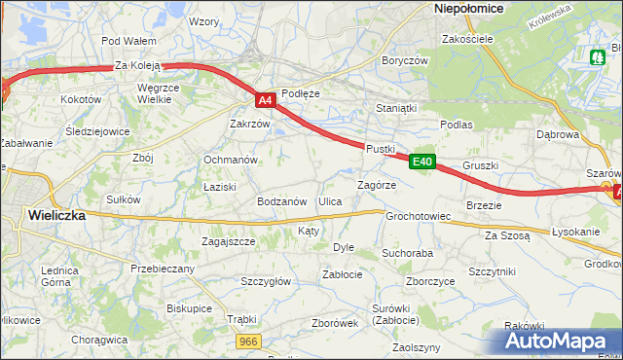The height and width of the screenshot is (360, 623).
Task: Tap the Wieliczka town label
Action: click(55, 216)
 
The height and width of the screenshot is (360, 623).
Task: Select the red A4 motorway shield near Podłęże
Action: click(266, 99)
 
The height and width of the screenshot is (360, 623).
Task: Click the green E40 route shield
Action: click(421, 162)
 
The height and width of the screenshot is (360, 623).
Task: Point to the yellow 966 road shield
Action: click(248, 341)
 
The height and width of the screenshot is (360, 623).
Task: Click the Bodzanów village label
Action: click(282, 201)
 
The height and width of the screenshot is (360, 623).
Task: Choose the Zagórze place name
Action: click(376, 184)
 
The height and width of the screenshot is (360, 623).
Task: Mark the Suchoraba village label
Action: click(407, 253)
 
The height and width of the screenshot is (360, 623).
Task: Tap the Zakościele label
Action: click(468, 40)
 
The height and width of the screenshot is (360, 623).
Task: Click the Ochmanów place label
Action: click(230, 160)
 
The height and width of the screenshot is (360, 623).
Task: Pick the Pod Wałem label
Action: click(128, 41)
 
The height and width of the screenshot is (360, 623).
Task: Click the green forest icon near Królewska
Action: click(597, 57)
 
